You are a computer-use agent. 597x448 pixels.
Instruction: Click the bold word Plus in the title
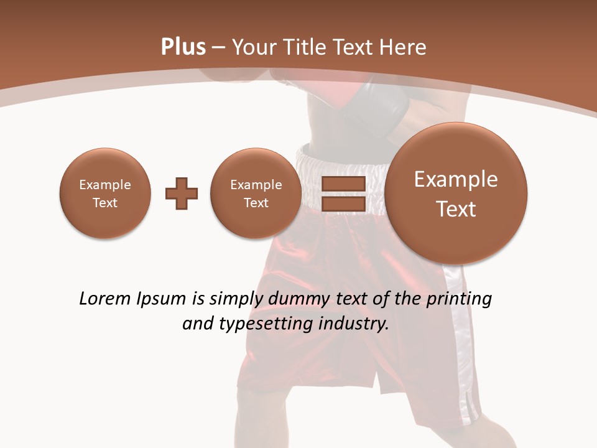(x=183, y=47)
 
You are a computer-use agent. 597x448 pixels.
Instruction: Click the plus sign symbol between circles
(x=182, y=194)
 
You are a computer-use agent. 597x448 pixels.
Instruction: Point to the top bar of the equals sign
(x=343, y=184)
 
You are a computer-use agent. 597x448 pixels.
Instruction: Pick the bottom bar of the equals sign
(x=343, y=203)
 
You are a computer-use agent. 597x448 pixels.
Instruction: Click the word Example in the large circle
(x=456, y=179)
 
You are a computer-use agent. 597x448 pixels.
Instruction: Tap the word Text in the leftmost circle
(x=105, y=203)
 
